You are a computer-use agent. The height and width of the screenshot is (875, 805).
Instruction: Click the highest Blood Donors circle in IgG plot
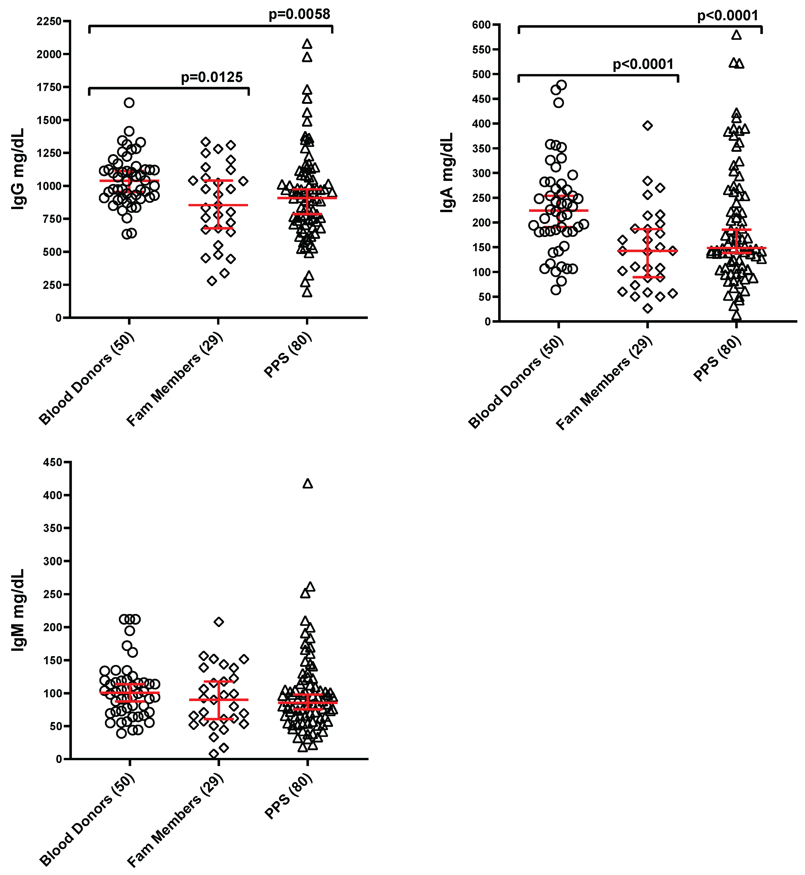(x=129, y=103)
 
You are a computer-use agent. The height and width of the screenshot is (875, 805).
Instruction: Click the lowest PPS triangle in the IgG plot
(x=307, y=292)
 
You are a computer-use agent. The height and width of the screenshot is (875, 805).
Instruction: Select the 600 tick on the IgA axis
(x=481, y=25)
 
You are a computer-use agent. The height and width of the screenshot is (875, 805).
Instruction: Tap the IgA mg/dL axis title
(x=447, y=173)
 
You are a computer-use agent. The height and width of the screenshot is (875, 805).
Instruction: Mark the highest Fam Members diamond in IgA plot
(x=648, y=125)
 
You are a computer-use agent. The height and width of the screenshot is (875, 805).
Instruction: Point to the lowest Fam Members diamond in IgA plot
(x=648, y=308)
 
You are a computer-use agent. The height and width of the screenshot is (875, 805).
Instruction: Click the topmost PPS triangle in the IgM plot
(x=308, y=484)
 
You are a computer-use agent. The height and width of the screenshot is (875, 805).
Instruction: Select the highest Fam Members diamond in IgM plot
(x=219, y=622)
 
